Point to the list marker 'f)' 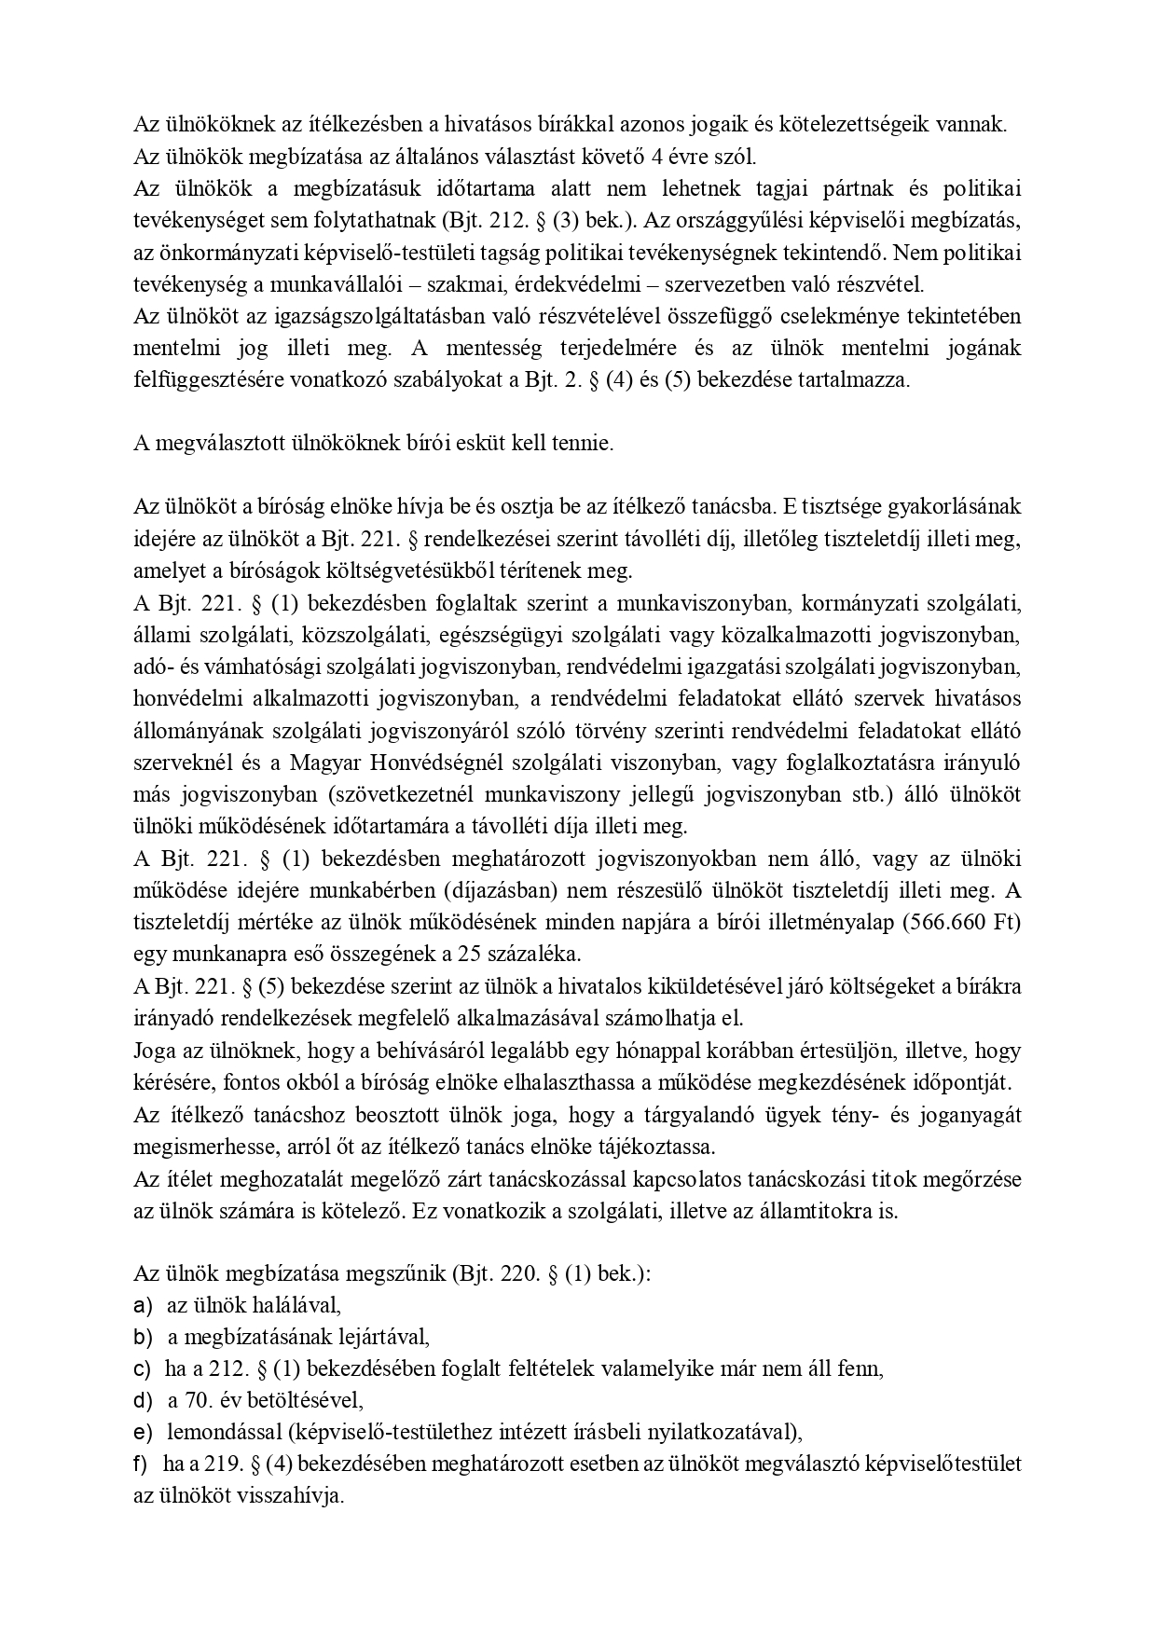(142, 1464)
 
